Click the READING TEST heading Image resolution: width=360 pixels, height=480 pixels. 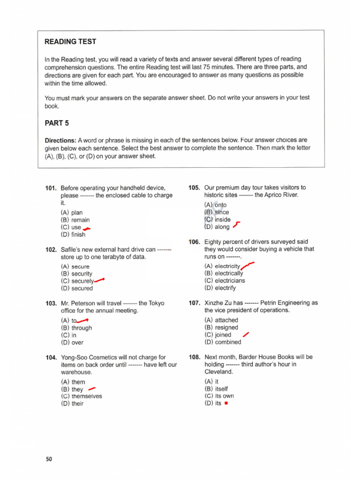(70, 42)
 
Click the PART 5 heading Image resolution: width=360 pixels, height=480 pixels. (57, 123)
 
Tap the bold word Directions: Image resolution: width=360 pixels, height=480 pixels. (60, 140)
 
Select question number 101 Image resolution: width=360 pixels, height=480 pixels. (51, 188)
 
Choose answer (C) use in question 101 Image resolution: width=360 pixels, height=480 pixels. (71, 227)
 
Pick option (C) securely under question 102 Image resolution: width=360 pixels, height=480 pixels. (77, 281)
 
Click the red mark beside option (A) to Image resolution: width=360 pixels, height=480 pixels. (82, 320)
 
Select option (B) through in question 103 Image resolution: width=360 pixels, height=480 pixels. (76, 328)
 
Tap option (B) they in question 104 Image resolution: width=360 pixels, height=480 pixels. (72, 389)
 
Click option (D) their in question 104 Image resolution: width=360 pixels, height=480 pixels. (72, 404)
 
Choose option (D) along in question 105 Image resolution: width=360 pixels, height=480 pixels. (217, 227)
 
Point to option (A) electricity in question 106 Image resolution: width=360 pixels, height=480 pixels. (222, 266)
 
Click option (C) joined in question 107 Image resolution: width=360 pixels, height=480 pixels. (218, 335)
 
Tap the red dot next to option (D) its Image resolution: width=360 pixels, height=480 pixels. (226, 404)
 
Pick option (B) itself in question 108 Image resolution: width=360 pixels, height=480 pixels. (216, 389)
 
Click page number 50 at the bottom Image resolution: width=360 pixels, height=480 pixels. (49, 459)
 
